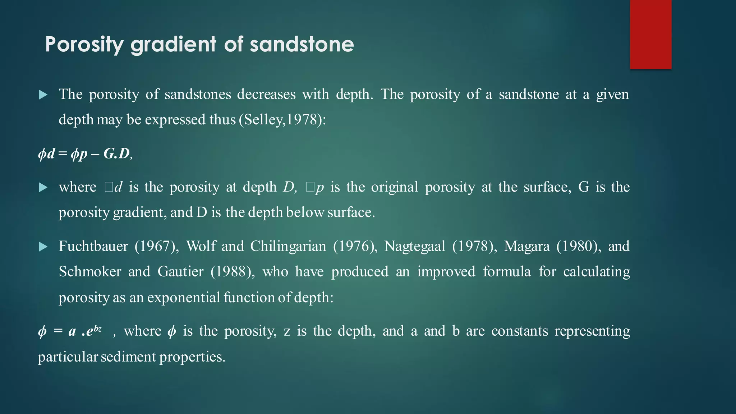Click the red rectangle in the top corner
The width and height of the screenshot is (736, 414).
(x=650, y=34)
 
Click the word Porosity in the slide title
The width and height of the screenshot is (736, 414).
(x=84, y=45)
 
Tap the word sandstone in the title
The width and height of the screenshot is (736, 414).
(x=302, y=45)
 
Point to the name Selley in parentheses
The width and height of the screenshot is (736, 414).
(x=263, y=120)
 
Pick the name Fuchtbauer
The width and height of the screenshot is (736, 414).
(x=93, y=247)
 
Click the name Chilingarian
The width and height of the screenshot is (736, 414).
(x=288, y=247)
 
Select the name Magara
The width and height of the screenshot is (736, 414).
(x=526, y=247)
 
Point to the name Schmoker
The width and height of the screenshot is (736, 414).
(x=90, y=272)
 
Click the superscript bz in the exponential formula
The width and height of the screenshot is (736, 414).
(x=97, y=328)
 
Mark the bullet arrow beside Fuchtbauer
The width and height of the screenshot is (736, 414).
(x=43, y=247)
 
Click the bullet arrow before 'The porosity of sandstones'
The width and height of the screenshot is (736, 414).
(x=43, y=95)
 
